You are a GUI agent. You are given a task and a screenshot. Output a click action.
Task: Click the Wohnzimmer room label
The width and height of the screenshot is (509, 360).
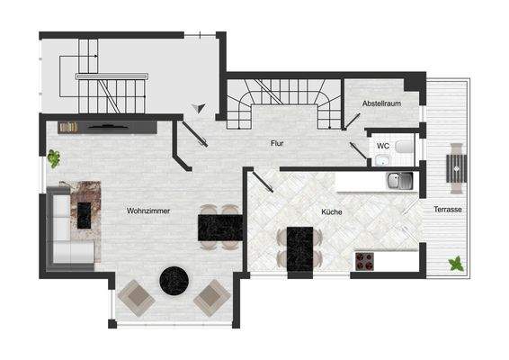pyautogui.click(x=148, y=211)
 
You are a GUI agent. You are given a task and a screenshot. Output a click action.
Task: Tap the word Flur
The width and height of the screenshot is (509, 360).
pyautogui.click(x=278, y=143)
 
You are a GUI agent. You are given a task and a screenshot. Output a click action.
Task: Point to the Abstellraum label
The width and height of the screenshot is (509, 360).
pyautogui.click(x=380, y=104)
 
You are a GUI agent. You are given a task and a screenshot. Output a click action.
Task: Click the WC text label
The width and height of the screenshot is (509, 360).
pyautogui.click(x=382, y=145)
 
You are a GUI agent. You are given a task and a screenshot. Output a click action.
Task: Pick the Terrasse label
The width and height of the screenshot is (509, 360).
pyautogui.click(x=447, y=209)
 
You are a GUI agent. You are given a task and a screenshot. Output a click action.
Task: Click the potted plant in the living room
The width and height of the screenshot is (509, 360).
pyautogui.click(x=54, y=158)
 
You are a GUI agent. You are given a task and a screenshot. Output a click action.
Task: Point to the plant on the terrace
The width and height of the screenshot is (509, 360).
pyautogui.click(x=456, y=264)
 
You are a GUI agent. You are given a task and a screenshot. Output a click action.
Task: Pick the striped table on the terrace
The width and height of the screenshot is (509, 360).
pyautogui.click(x=457, y=166)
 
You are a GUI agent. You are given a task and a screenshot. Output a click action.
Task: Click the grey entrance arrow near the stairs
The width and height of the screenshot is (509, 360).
pyautogui.click(x=199, y=108)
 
